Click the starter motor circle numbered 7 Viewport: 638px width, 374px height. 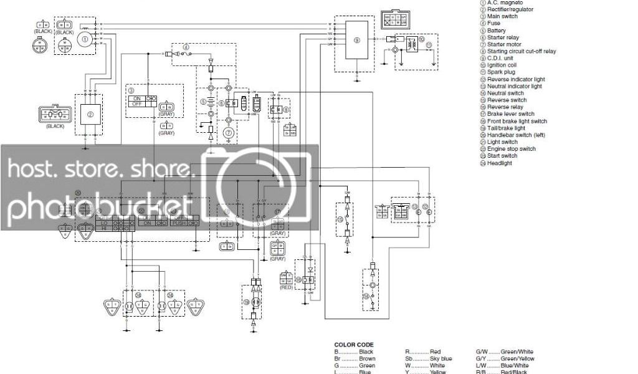point(229,132)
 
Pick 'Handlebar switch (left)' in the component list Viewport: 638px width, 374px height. point(516,135)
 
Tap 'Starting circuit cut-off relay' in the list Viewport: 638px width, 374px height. point(521,51)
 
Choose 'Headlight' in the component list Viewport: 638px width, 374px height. point(500,163)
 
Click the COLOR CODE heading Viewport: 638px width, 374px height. point(354,345)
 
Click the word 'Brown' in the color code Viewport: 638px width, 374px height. point(367,358)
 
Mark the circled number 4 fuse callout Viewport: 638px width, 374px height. point(186,47)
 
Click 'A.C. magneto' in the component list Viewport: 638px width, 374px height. point(504,2)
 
